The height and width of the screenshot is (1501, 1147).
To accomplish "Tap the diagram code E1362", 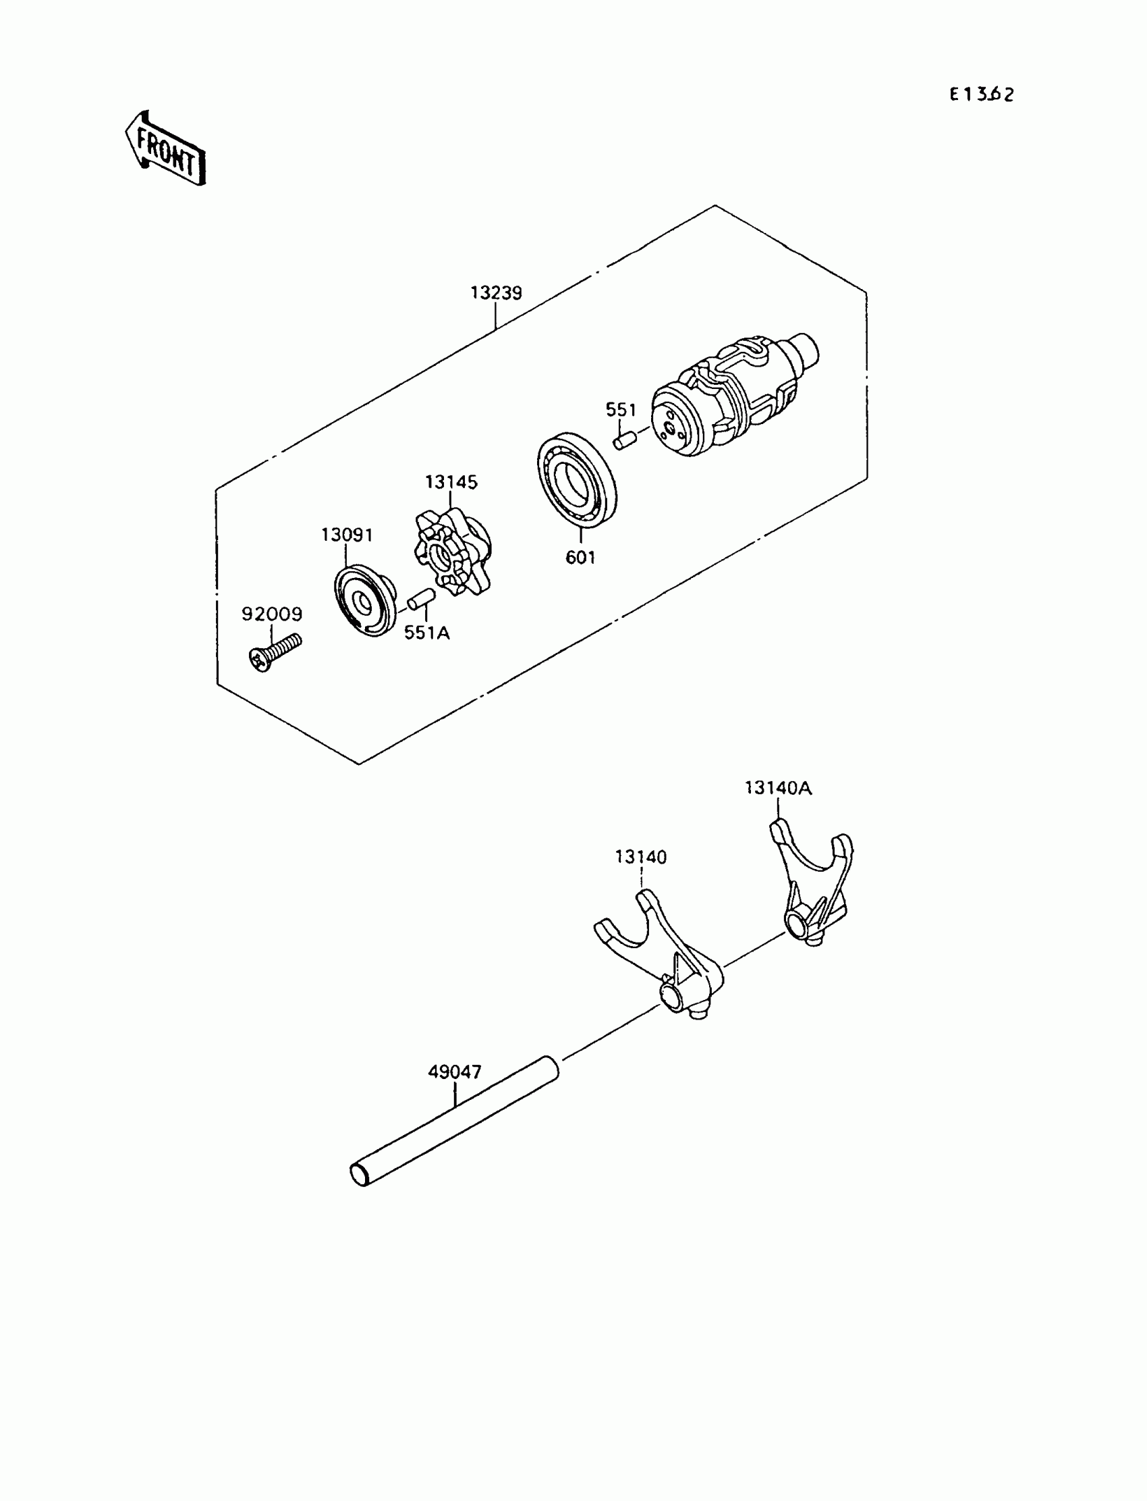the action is click(x=981, y=95).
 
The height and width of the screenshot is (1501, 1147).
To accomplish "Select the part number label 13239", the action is click(x=496, y=293).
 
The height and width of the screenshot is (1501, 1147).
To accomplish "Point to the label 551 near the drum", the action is click(x=621, y=410).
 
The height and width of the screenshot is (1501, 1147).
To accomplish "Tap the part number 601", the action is click(x=580, y=558).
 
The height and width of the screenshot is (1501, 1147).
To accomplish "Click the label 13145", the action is click(x=451, y=482).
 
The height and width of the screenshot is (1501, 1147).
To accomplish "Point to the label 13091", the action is click(x=347, y=535).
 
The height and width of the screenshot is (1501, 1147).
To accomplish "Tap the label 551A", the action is click(x=426, y=633).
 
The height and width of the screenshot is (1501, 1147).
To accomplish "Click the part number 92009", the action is click(x=272, y=614).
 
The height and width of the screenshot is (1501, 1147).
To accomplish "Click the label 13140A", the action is click(x=778, y=789).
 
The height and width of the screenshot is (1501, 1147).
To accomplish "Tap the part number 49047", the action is click(x=455, y=1072).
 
